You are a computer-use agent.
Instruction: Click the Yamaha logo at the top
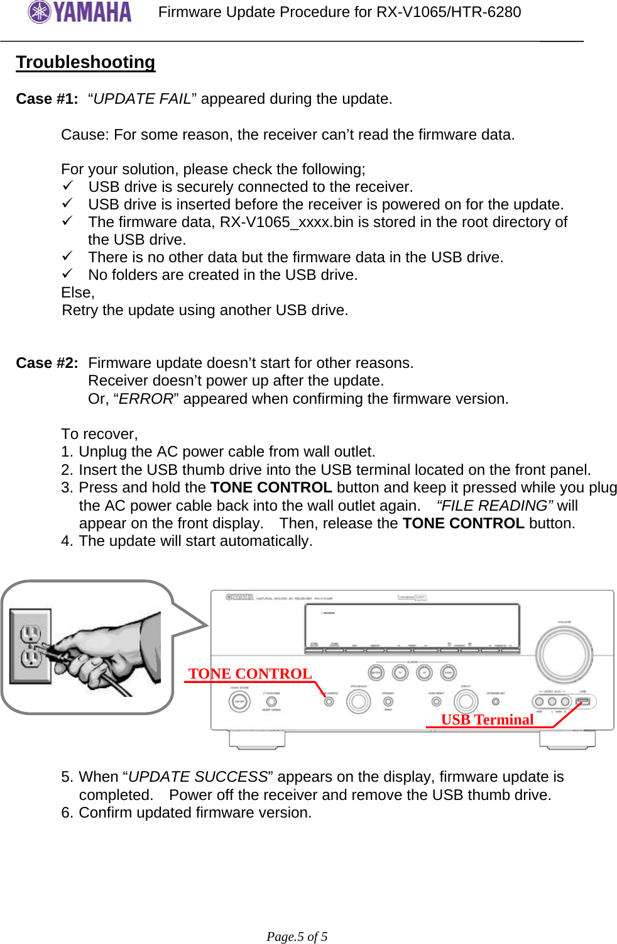80,12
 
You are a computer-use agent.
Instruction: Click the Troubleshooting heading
85,62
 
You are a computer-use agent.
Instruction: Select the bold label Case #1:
47,99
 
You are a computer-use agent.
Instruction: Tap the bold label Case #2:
47,363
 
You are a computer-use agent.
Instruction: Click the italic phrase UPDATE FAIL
142,99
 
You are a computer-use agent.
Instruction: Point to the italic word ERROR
146,399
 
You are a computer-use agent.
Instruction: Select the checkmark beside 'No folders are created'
68,274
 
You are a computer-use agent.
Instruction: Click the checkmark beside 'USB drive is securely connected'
68,186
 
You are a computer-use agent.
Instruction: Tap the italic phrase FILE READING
494,506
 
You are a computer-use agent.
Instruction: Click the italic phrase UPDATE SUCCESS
198,777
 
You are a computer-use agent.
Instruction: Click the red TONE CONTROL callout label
250,674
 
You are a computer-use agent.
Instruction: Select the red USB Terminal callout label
487,719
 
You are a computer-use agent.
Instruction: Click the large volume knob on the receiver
564,655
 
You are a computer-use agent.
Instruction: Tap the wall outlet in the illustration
30,646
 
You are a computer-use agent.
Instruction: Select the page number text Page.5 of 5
297,936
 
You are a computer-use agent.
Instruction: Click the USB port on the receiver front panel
582,701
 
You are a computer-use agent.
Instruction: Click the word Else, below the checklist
78,292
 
